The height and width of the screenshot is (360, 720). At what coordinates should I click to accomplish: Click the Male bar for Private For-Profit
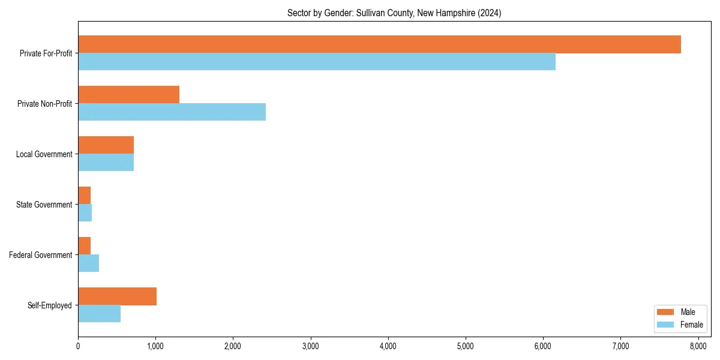click(379, 44)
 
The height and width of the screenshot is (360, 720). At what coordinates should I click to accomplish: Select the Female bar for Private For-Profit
click(317, 62)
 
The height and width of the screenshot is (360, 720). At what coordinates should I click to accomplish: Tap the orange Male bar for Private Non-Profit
click(128, 95)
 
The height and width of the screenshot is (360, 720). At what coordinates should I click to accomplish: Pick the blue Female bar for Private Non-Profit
click(172, 112)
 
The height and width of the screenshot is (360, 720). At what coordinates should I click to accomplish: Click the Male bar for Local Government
click(106, 145)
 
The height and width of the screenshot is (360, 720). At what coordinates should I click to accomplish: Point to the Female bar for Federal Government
click(88, 263)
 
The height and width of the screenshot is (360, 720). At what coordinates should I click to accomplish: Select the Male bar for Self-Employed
click(117, 296)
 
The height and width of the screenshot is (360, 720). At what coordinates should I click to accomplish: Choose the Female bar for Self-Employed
click(99, 314)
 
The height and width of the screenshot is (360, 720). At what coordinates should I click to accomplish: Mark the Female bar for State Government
click(85, 213)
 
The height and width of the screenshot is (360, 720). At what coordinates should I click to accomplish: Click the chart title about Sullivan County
click(394, 13)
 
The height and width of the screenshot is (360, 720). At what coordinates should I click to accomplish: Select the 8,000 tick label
click(698, 346)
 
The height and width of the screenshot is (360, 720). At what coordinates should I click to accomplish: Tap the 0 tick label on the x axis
click(78, 346)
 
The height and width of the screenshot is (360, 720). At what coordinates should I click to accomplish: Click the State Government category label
click(44, 205)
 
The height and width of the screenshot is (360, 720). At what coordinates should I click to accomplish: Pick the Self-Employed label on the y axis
click(50, 305)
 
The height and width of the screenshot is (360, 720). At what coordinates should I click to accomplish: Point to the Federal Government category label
click(41, 255)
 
